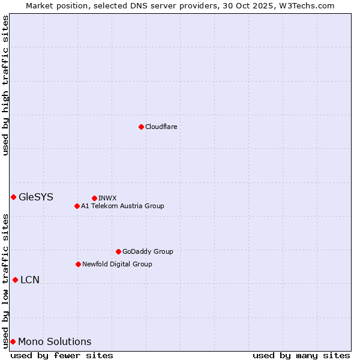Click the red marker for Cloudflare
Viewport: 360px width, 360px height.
click(141, 127)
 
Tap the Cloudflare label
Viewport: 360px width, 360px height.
click(161, 127)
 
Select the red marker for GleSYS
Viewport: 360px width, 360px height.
click(13, 197)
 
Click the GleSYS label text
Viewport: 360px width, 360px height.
click(36, 197)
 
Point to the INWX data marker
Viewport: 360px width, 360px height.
click(94, 198)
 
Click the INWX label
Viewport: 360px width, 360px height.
click(107, 198)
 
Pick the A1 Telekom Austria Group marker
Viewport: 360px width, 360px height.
click(77, 206)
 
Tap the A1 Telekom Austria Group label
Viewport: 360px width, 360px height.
click(122, 206)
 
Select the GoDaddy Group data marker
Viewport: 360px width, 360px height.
click(118, 251)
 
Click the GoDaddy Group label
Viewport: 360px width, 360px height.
click(148, 251)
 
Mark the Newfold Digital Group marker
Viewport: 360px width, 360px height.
click(78, 264)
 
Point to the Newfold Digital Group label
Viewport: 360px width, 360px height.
click(117, 264)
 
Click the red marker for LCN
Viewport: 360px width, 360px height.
click(15, 280)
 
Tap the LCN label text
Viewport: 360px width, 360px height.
click(30, 280)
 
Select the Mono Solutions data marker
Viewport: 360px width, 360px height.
click(13, 341)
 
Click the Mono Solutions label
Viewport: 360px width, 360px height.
click(55, 342)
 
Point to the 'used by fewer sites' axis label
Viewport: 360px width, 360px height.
click(62, 355)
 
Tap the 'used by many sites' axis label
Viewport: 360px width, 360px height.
click(301, 355)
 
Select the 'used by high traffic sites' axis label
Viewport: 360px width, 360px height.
click(6, 85)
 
